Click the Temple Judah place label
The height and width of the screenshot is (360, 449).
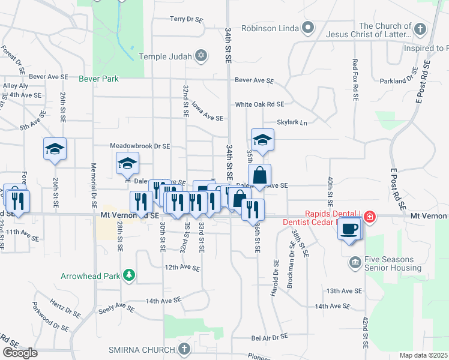point(164,56)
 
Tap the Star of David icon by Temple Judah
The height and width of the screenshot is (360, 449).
point(202,56)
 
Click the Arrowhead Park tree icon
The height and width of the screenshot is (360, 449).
point(128,276)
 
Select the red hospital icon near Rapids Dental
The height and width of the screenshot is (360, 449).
point(370,217)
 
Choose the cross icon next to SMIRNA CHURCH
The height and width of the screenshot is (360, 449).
point(184,349)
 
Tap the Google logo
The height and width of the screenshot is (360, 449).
point(20,353)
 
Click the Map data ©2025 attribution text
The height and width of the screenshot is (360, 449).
point(424,355)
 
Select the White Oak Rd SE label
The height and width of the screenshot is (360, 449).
point(259,104)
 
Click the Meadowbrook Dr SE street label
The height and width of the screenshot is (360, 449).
point(140,146)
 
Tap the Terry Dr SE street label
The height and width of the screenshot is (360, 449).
point(186,19)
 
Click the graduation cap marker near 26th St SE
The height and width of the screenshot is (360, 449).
point(55,149)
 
